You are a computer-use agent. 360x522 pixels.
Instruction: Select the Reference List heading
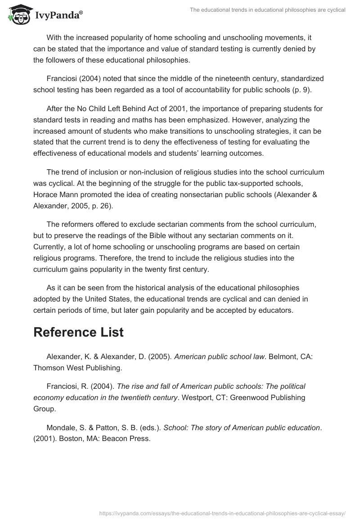click(79, 332)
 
